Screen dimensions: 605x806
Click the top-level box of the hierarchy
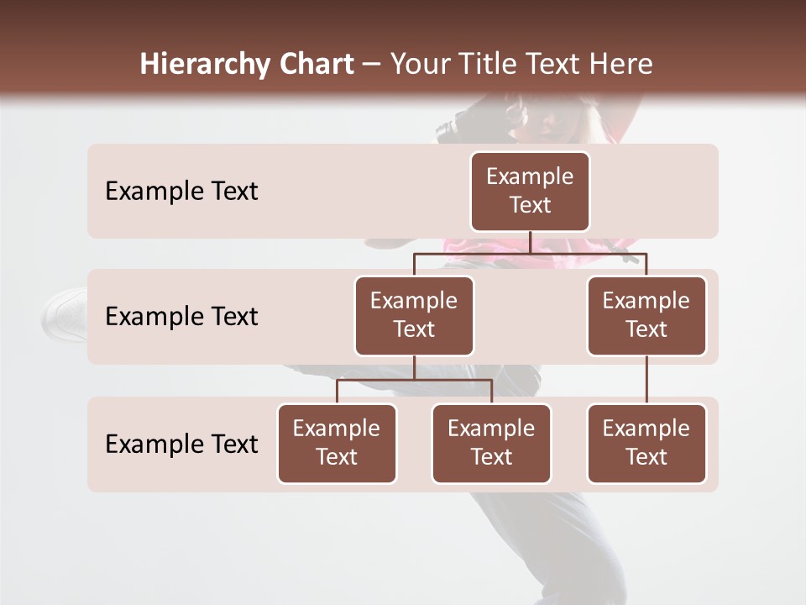point(530,192)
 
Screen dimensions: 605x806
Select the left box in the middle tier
point(414,316)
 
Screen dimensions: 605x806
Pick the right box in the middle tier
point(646,316)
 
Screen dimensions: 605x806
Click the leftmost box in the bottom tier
point(337,444)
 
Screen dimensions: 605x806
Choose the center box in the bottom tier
point(491,444)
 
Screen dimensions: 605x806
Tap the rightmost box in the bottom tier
point(646,444)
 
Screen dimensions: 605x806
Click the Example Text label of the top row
point(181,192)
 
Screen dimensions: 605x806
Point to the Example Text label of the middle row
point(181,317)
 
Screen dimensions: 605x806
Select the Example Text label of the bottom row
point(181,445)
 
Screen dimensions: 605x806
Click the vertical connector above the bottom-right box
point(646,380)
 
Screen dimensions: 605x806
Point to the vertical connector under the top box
point(530,242)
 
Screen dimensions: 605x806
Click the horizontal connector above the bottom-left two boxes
point(414,380)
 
